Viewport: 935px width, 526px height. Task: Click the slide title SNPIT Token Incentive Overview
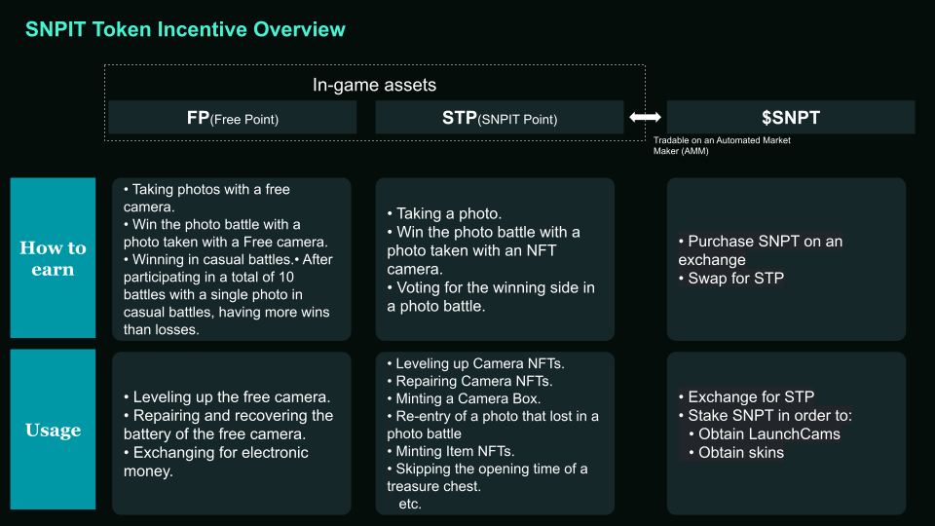tap(185, 29)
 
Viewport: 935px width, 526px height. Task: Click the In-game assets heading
tap(374, 86)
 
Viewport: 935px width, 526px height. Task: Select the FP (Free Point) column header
tap(233, 118)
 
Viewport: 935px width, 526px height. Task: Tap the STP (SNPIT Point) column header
tap(500, 118)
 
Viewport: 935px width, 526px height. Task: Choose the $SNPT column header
tap(791, 118)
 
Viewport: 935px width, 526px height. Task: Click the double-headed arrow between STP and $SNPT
tap(645, 117)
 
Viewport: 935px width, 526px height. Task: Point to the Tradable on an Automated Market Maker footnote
tap(722, 145)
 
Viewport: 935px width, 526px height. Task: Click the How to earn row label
tap(53, 258)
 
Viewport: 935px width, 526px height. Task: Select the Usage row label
tap(53, 430)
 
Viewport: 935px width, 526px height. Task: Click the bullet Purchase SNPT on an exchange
tap(761, 250)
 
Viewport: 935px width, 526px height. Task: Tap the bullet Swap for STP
tap(731, 278)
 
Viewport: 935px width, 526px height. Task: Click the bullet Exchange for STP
tap(746, 396)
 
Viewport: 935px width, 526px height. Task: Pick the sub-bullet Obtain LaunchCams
tap(765, 434)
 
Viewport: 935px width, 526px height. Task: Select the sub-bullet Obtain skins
tap(736, 453)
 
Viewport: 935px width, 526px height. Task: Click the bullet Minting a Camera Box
tap(464, 398)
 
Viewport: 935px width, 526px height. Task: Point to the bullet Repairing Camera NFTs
tap(469, 381)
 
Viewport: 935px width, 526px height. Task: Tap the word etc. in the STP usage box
tap(410, 504)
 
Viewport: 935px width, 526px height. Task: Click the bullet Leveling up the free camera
tap(227, 397)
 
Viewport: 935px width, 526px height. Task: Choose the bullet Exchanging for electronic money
tap(216, 462)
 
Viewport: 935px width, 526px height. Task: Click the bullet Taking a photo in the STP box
tap(444, 213)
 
